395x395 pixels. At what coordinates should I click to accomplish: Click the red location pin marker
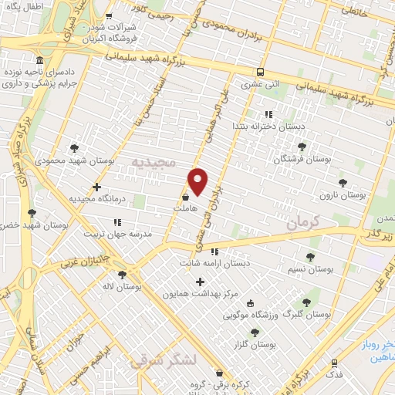198,181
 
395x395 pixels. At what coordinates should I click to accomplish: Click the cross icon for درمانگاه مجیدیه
96,187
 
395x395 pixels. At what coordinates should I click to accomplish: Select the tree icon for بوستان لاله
122,274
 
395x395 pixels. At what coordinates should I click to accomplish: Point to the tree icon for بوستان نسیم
310,257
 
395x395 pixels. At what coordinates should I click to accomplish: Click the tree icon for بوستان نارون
343,184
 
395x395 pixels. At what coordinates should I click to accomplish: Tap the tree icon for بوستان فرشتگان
301,146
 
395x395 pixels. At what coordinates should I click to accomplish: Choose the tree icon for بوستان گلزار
255,332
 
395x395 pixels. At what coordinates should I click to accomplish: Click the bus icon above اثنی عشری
261,65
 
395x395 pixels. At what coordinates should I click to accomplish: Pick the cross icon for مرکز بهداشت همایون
201,282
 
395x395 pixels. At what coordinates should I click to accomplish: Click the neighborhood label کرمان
302,225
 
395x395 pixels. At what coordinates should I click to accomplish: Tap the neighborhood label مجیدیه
154,163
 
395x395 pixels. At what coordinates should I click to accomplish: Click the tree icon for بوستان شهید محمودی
75,147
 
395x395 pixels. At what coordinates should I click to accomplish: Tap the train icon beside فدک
334,363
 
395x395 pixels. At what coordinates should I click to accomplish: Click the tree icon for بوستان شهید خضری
32,213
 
